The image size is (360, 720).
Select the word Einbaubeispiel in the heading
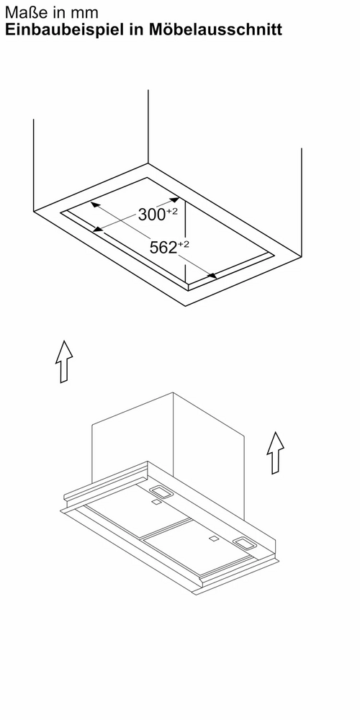(x=63, y=30)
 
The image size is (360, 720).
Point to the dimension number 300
(x=151, y=215)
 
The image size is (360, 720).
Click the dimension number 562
(x=163, y=248)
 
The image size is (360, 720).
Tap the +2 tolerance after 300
(x=172, y=211)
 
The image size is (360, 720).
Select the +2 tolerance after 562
(x=183, y=244)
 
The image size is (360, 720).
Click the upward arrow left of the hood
(x=64, y=361)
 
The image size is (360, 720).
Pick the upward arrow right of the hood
(x=275, y=453)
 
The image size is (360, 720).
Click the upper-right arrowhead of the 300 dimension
(x=174, y=199)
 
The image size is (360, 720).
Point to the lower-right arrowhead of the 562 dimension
(x=212, y=275)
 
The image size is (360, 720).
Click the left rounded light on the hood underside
(x=161, y=492)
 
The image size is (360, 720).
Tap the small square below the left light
(x=156, y=503)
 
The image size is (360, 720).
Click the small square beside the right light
(x=214, y=538)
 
